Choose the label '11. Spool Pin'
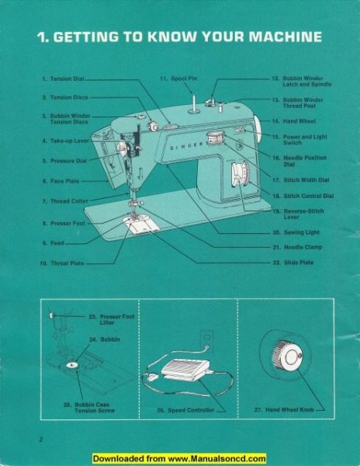[x=177, y=79]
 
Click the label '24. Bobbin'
[x=99, y=340]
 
